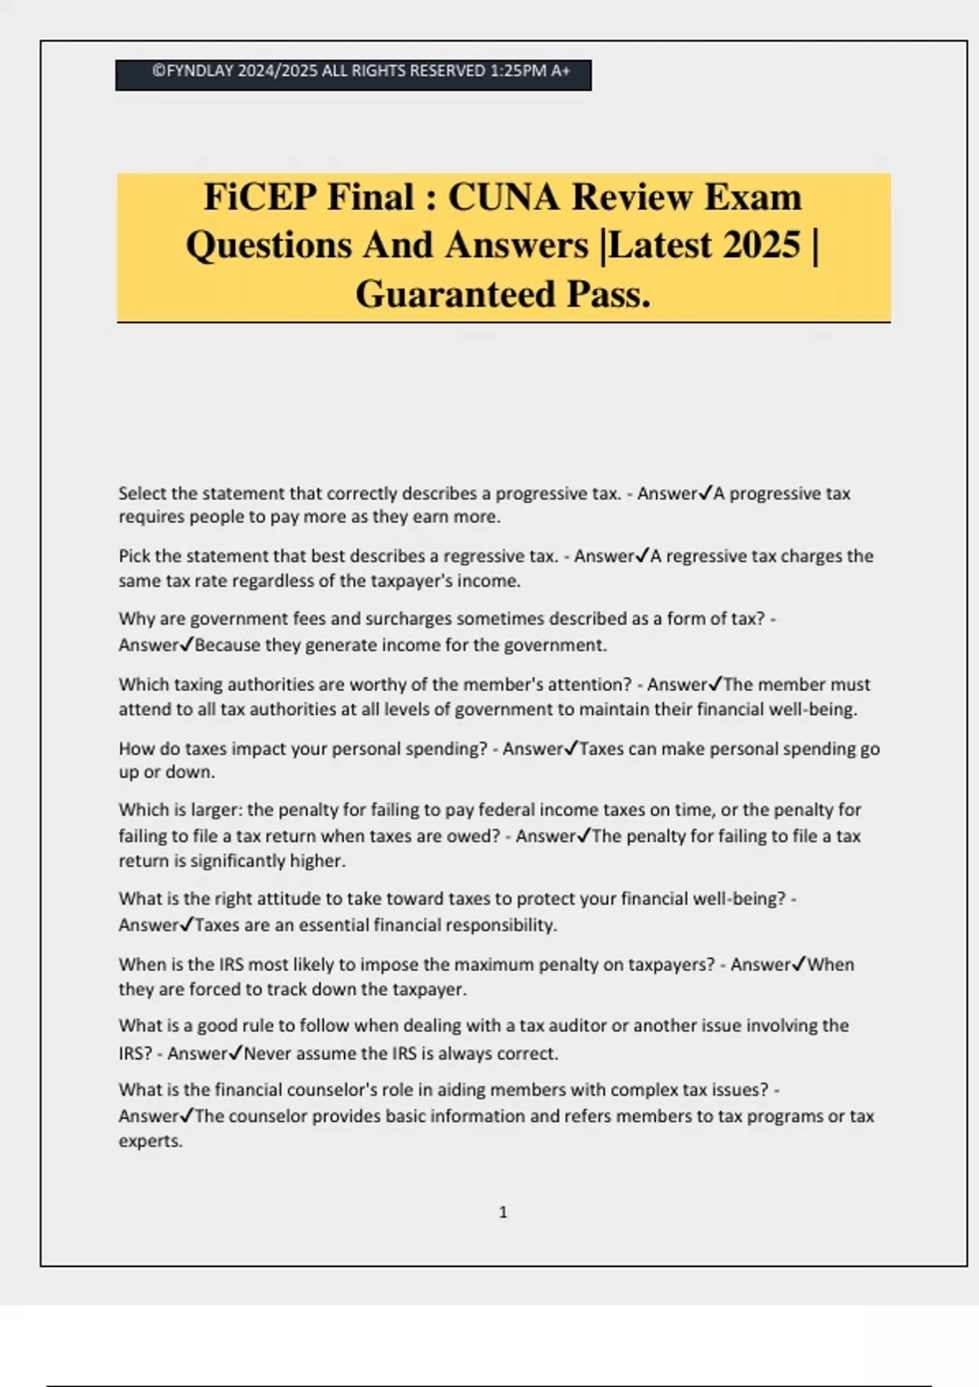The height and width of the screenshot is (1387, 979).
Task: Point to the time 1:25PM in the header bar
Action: coord(518,71)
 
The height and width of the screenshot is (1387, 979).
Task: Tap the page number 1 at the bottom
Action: coord(503,1212)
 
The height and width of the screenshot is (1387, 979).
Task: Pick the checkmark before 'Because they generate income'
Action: coord(187,645)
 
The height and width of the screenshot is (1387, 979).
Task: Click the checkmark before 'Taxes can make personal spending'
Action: coord(571,748)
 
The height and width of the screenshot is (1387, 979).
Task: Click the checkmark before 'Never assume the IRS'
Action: coord(236,1053)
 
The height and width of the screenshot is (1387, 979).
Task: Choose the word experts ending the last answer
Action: coord(149,1141)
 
